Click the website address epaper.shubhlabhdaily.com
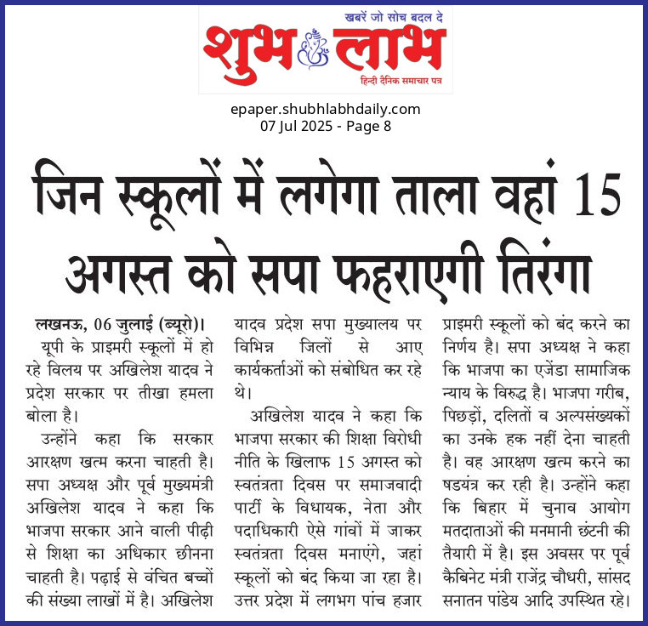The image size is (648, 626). pos(325,109)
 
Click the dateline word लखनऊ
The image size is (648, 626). pos(61,324)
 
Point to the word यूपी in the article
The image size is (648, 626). pos(54,346)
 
